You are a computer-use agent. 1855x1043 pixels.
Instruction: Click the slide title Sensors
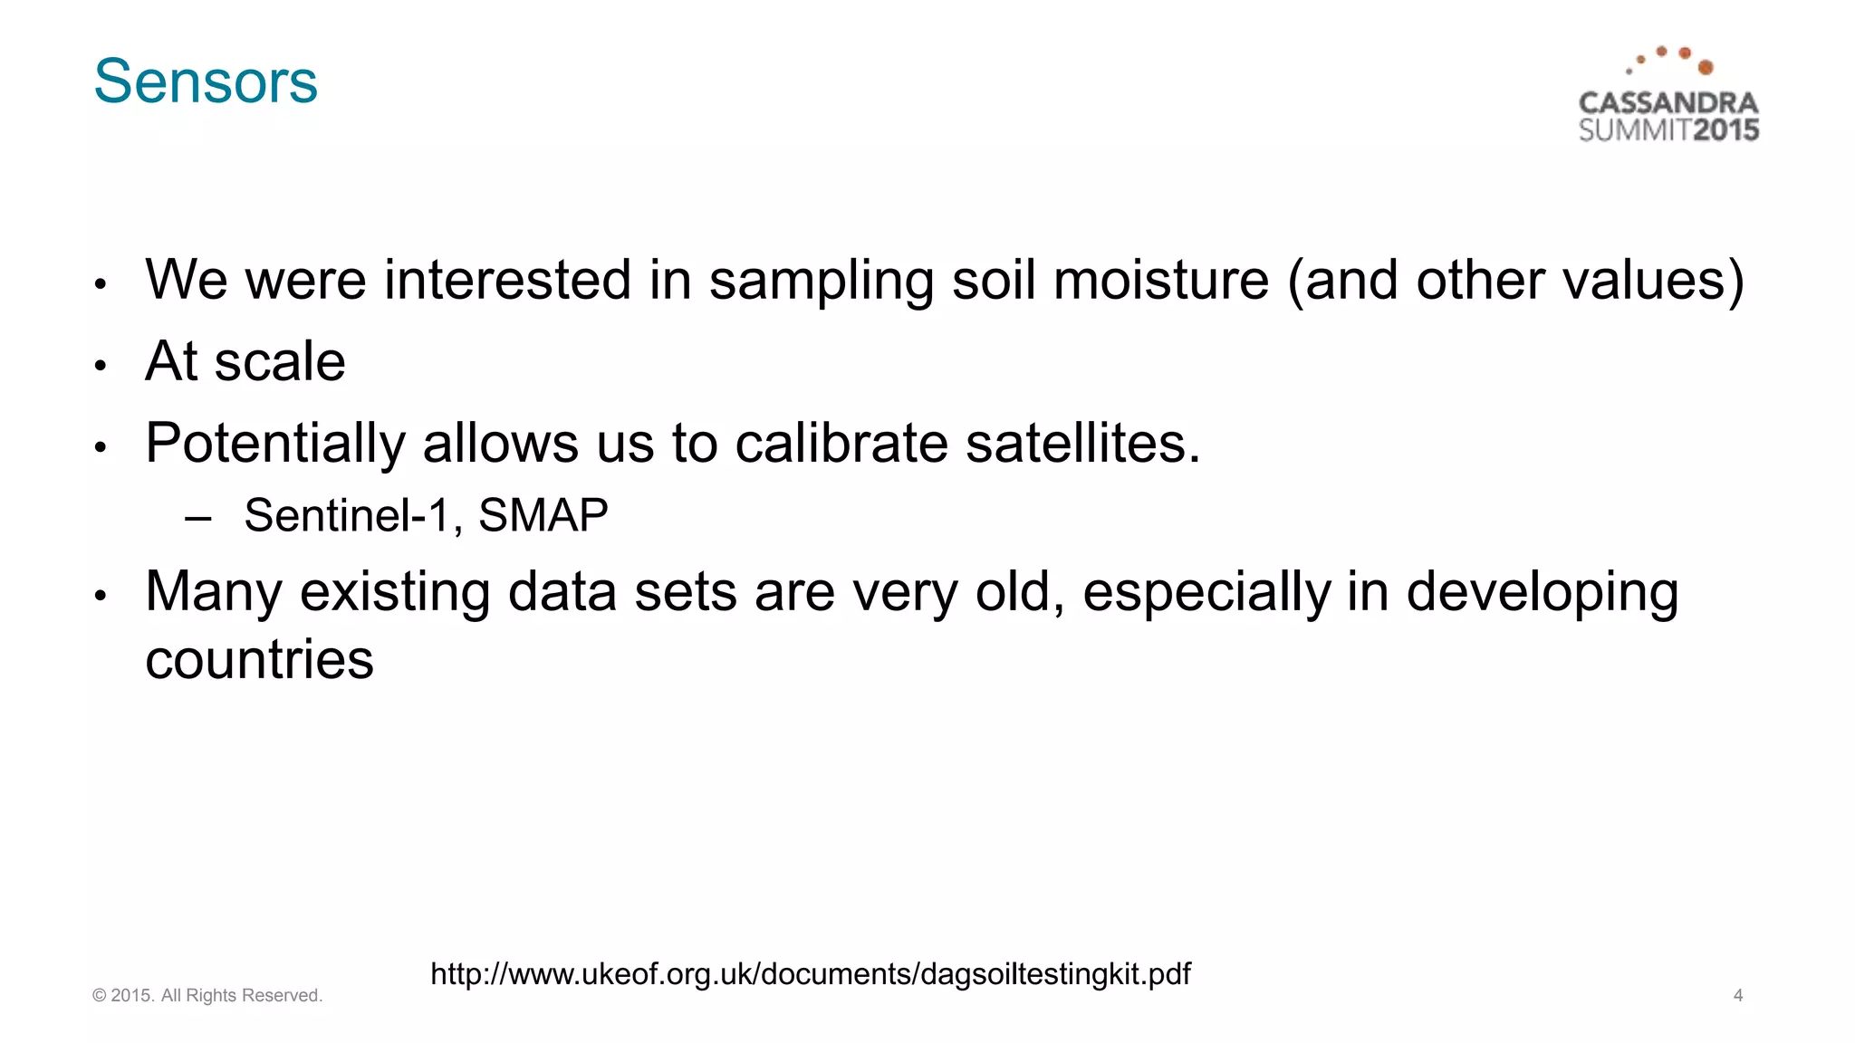[206, 81]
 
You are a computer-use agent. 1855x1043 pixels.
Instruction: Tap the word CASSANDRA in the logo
[1668, 103]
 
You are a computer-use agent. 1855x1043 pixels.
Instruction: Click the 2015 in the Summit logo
[1725, 130]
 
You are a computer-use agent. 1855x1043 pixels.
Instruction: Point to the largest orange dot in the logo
[1706, 68]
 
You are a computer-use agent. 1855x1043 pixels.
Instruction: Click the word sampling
[821, 282]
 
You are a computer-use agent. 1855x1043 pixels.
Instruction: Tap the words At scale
[245, 361]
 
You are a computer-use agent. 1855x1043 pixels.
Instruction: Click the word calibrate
[841, 443]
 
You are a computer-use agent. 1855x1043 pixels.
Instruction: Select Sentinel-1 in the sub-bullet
[347, 516]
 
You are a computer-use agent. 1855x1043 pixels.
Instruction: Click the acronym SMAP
[543, 516]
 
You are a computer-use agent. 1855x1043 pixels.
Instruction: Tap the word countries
[259, 659]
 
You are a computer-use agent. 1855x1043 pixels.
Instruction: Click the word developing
[1542, 594]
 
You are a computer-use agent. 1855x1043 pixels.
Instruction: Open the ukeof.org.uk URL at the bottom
[810, 974]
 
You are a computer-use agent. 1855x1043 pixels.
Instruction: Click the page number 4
[1737, 995]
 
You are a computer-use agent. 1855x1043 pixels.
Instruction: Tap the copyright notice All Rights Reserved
[241, 995]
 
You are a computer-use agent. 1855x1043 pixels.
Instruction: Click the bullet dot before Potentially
[101, 447]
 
